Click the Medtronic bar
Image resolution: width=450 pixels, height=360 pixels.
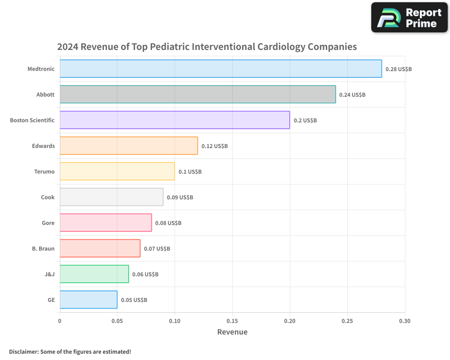pos(220,69)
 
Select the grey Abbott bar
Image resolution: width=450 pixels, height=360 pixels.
pos(198,94)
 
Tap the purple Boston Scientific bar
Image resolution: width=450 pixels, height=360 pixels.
pos(175,120)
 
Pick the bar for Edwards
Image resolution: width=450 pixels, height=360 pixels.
pos(129,146)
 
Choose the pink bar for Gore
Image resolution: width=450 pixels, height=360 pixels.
pos(106,223)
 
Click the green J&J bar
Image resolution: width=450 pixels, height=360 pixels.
pos(94,274)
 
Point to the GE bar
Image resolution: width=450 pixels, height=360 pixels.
pos(88,300)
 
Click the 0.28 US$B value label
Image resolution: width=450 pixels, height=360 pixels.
pos(398,69)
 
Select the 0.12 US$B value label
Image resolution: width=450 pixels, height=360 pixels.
pos(214,146)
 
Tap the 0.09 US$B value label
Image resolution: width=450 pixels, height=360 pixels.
pos(180,198)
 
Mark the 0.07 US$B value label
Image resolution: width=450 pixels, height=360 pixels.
pos(157,249)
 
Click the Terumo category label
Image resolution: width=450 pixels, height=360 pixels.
pos(44,171)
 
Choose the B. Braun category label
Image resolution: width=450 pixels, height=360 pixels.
pos(43,248)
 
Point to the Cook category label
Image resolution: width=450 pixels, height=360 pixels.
pos(48,197)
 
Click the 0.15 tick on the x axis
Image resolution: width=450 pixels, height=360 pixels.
pos(232,321)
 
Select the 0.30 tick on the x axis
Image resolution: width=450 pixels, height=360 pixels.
pos(405,321)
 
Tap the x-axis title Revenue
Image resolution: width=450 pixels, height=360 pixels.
pos(232,332)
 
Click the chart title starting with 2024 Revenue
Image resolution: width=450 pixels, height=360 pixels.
pos(207,47)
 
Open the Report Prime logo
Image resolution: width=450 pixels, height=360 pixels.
pos(409,18)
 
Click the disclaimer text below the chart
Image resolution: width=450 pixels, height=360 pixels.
pos(70,351)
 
